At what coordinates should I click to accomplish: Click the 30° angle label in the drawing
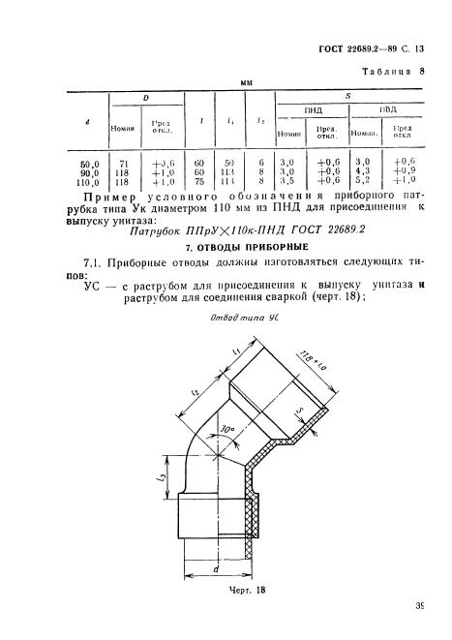pyautogui.click(x=229, y=425)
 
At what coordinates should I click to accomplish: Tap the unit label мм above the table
pyautogui.click(x=246, y=84)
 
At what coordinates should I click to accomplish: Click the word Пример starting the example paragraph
pyautogui.click(x=109, y=196)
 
